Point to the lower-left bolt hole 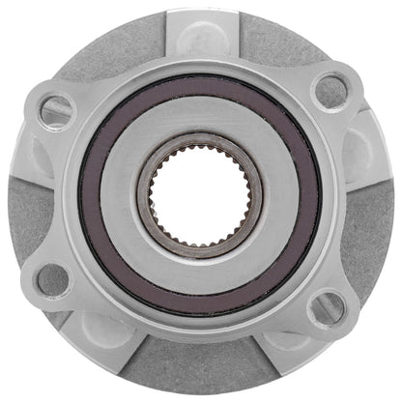(x=53, y=279)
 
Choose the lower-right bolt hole (x=327, y=309)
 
